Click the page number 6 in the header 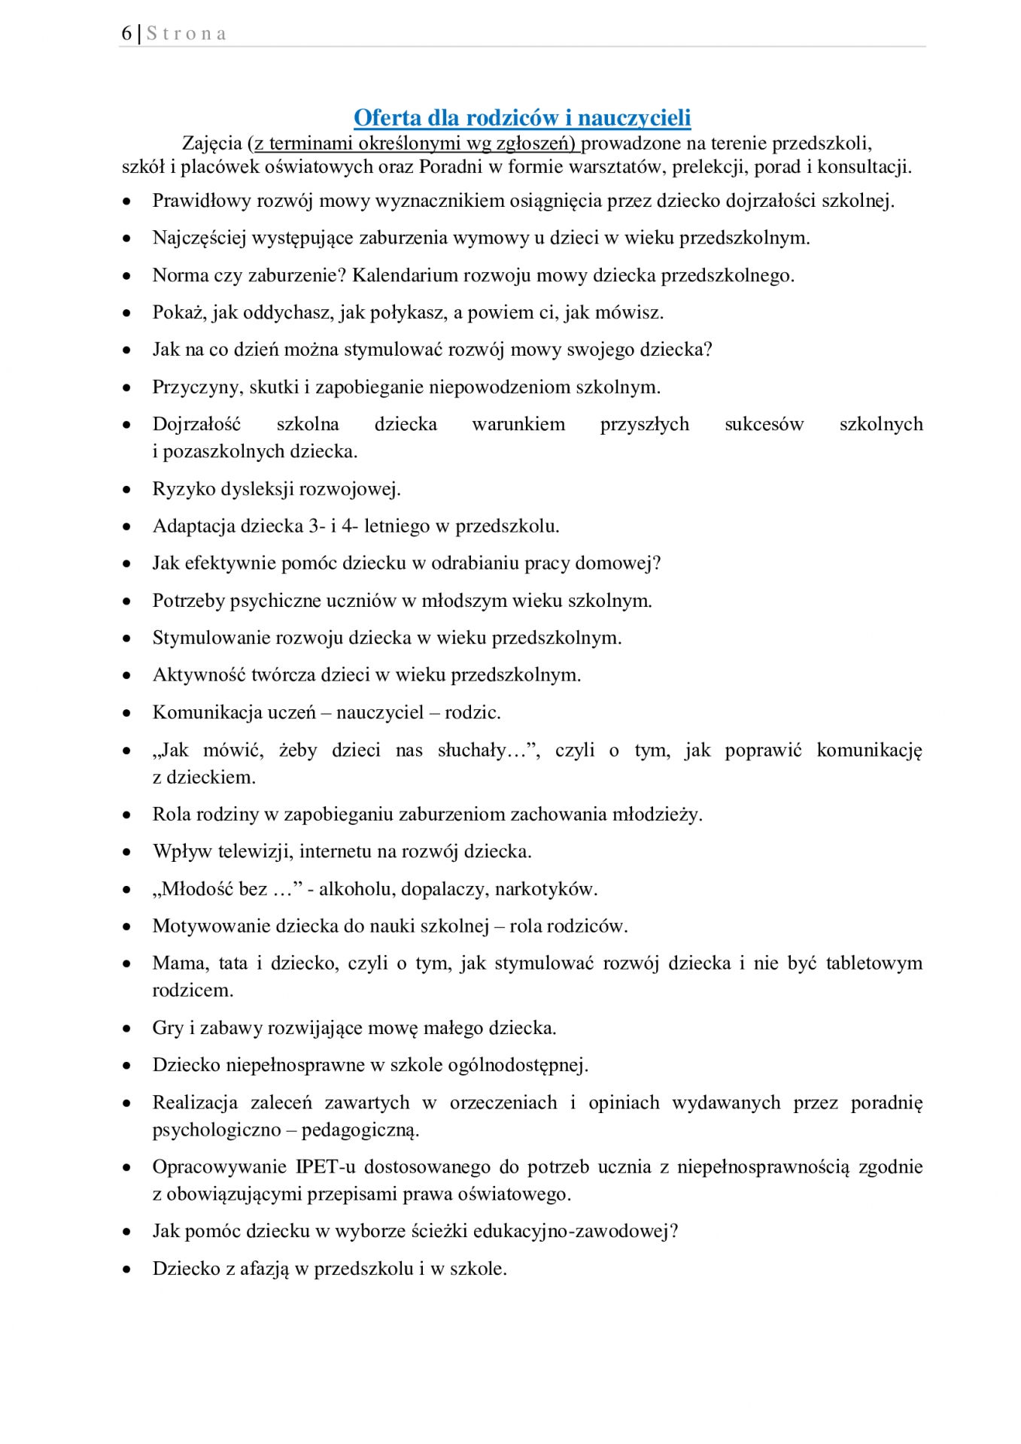[x=126, y=33]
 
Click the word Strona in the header [x=186, y=34]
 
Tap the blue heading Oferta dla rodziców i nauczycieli [x=522, y=117]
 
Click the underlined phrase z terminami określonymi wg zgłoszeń [x=415, y=143]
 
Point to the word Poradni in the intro [x=450, y=167]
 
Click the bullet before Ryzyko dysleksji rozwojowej [x=127, y=490]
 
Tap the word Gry [x=168, y=1028]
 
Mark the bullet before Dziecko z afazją [x=127, y=1270]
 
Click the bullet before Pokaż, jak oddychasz [x=127, y=314]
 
